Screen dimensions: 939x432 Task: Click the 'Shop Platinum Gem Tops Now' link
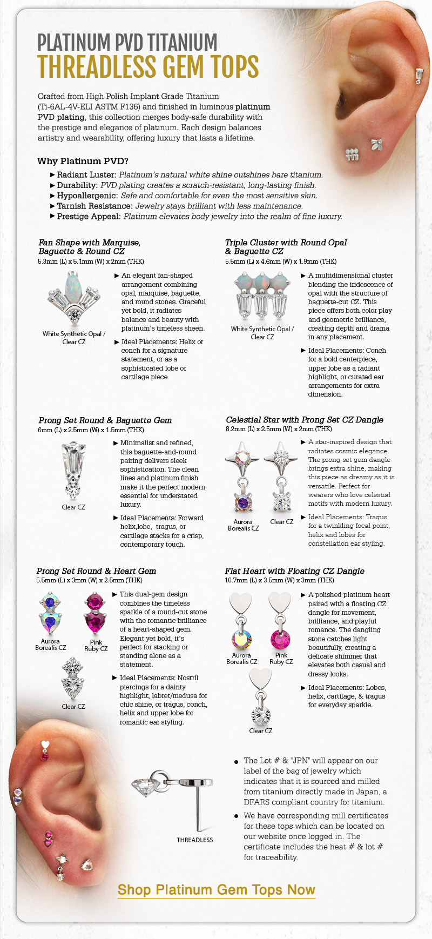[216, 890]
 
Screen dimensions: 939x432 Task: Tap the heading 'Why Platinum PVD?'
[83, 161]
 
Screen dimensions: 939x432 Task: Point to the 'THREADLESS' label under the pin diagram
[195, 840]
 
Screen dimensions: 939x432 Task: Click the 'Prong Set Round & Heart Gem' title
[96, 571]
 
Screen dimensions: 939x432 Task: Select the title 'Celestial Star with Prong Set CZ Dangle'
[305, 420]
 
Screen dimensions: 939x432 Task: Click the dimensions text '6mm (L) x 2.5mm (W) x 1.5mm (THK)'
[91, 430]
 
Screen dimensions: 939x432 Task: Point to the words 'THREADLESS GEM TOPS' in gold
[148, 67]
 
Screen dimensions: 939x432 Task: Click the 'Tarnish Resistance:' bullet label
[94, 206]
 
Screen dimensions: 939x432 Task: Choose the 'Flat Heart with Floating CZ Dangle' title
[294, 571]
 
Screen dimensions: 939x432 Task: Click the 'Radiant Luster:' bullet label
[86, 175]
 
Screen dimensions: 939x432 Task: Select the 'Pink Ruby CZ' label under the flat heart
[281, 658]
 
